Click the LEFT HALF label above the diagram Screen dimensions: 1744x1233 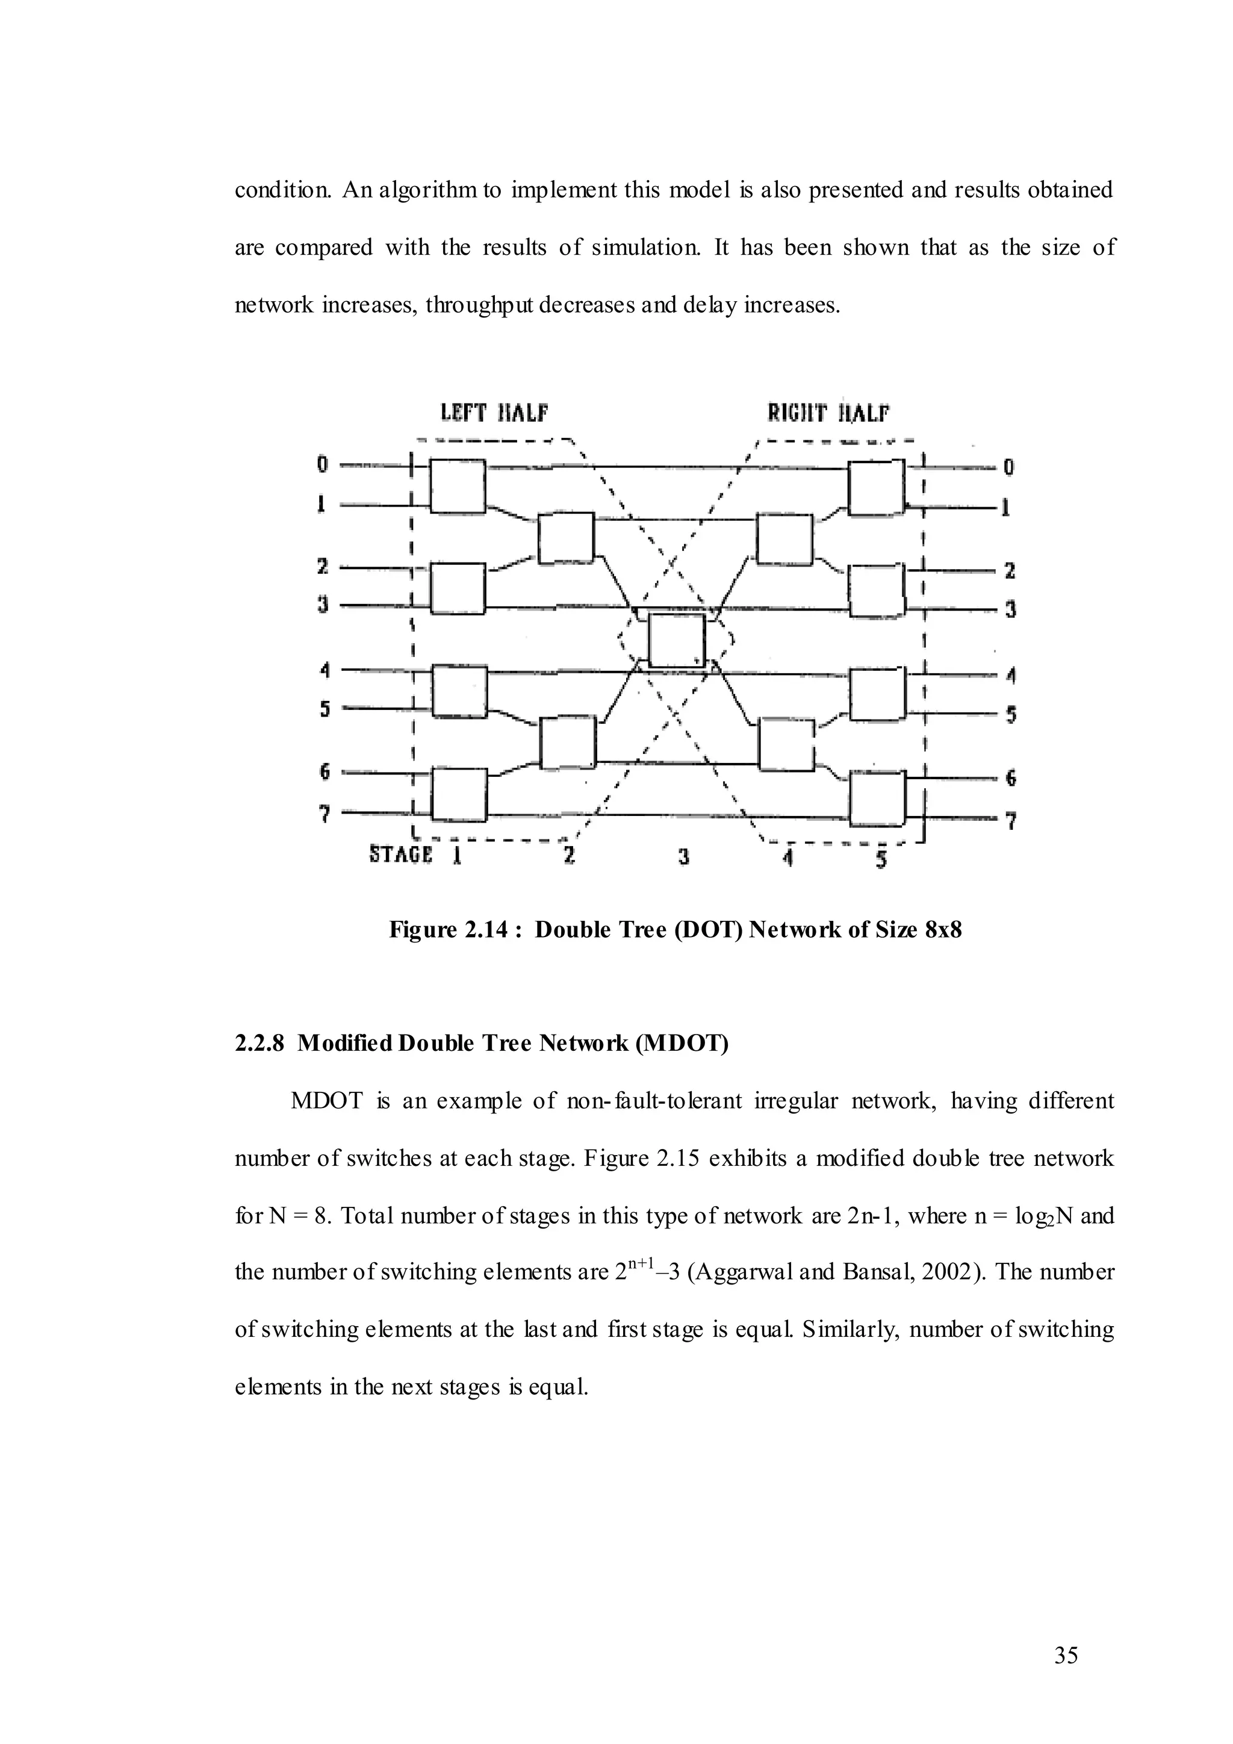pos(494,413)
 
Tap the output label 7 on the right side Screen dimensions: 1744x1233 pos(1011,820)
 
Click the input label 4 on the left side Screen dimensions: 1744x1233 pos(324,670)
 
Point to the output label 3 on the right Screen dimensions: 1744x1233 pos(1011,609)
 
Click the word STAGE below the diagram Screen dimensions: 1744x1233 pos(400,854)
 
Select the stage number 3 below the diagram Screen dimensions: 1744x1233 pos(683,857)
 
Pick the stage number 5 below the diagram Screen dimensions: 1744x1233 pos(881,860)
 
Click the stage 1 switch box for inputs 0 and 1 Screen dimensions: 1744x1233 pos(458,486)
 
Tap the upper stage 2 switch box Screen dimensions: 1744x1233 pos(566,538)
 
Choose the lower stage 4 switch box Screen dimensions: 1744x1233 pos(786,745)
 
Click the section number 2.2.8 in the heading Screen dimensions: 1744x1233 pos(259,1044)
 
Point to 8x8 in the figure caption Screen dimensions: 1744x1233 pos(943,930)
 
